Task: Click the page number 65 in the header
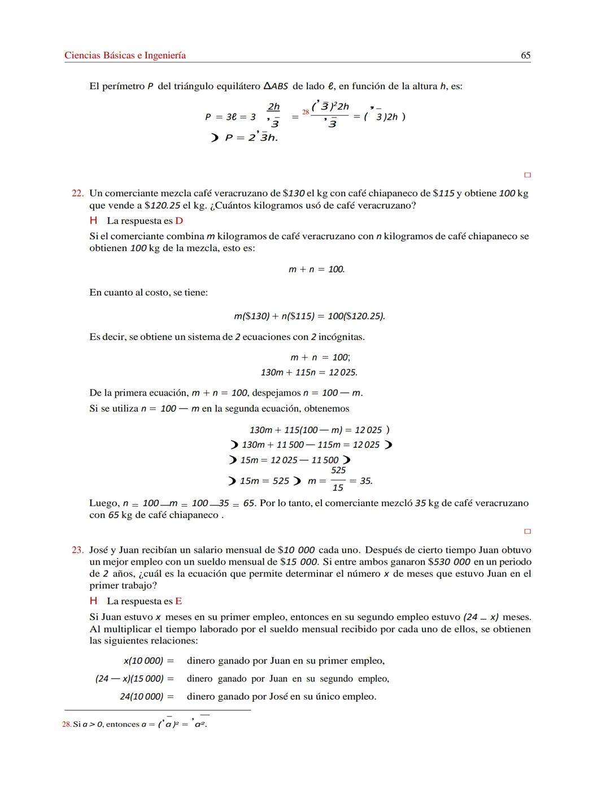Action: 525,55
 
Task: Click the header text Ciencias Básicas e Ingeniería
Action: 125,55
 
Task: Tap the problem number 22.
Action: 77,193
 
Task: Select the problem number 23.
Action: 77,550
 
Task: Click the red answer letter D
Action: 179,221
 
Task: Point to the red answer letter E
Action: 178,601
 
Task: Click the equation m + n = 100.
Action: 316,270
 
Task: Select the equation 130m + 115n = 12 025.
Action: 309,373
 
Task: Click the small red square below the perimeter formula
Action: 528,175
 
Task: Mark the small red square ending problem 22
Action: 528,531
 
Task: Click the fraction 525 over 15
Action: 338,479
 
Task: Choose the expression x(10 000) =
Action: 149,661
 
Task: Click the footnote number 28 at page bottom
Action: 66,725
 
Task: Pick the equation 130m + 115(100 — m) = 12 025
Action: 316,430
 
